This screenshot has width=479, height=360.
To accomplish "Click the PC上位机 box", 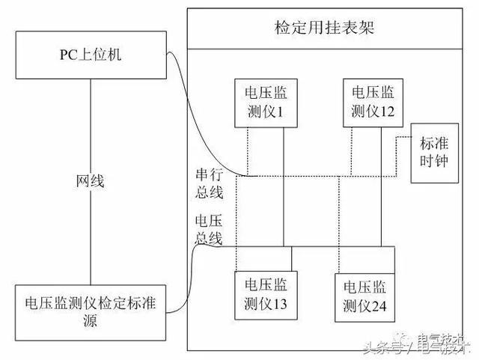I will (x=91, y=55).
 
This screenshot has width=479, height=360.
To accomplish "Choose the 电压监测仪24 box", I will (x=368, y=297).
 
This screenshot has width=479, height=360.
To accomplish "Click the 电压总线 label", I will (x=208, y=230).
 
